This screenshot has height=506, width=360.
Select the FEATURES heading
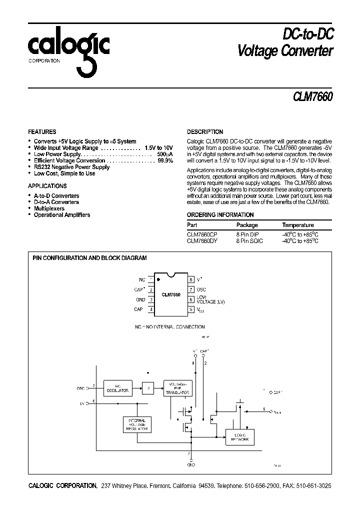tap(42, 132)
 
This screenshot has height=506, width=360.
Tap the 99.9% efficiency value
tap(165, 161)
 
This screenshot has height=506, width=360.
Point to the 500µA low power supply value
tap(165, 154)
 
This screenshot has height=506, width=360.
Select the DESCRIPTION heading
tap(205, 132)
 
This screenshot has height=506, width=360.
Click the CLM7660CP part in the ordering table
tap(202, 234)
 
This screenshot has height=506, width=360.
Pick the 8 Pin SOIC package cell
tap(249, 241)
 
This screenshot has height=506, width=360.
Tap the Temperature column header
tap(298, 225)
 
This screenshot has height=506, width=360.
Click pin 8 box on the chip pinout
tap(190, 279)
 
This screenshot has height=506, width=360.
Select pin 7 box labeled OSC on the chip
tap(190, 289)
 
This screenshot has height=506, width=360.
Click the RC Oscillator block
tap(117, 387)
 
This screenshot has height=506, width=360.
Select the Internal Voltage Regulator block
tap(136, 424)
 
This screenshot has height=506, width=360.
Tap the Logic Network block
tap(240, 437)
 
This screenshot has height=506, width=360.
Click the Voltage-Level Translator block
tap(177, 387)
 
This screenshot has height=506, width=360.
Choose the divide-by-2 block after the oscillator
tap(147, 387)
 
